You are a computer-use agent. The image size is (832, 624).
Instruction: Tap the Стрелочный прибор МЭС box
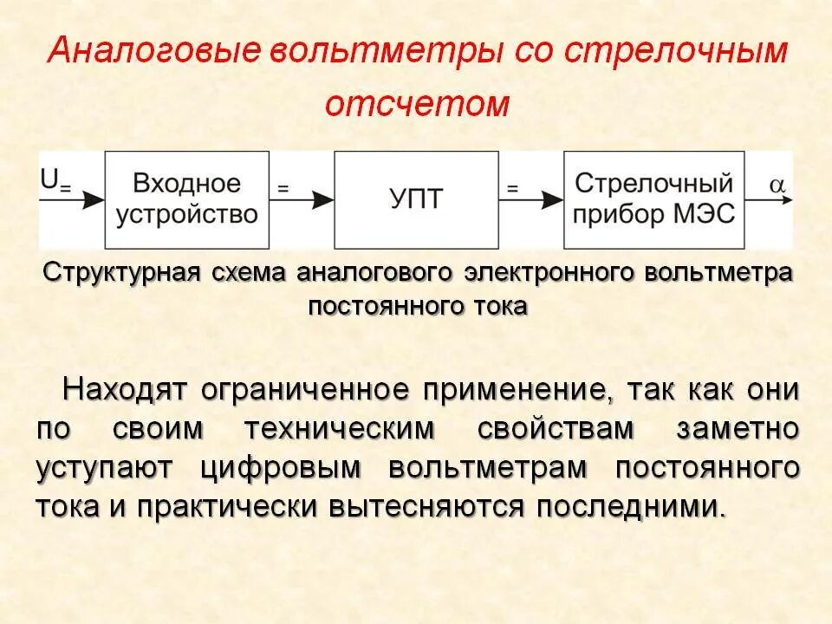coord(654,200)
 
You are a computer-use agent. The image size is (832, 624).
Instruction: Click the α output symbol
coord(777,184)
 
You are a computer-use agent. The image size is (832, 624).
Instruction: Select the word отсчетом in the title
coord(417,104)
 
